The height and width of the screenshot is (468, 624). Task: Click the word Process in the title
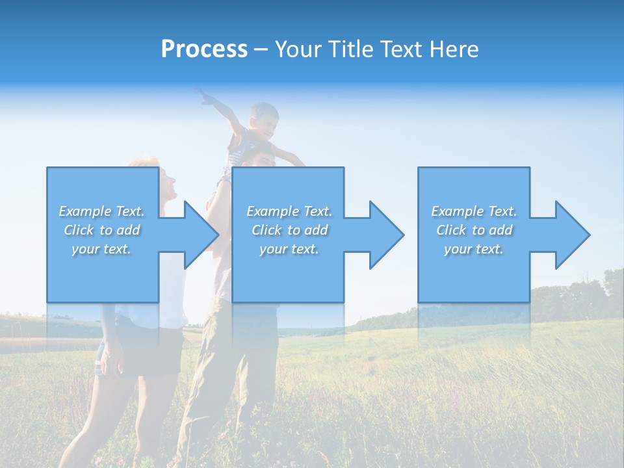pos(204,49)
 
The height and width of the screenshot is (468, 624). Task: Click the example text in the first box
pos(102,230)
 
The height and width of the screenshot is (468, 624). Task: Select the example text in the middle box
pos(289,230)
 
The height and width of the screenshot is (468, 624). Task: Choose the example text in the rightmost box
pos(474,230)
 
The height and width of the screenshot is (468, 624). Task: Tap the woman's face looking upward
pos(167,183)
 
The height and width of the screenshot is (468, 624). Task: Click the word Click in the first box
pos(79,230)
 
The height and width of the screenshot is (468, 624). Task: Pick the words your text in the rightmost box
pos(474,249)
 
